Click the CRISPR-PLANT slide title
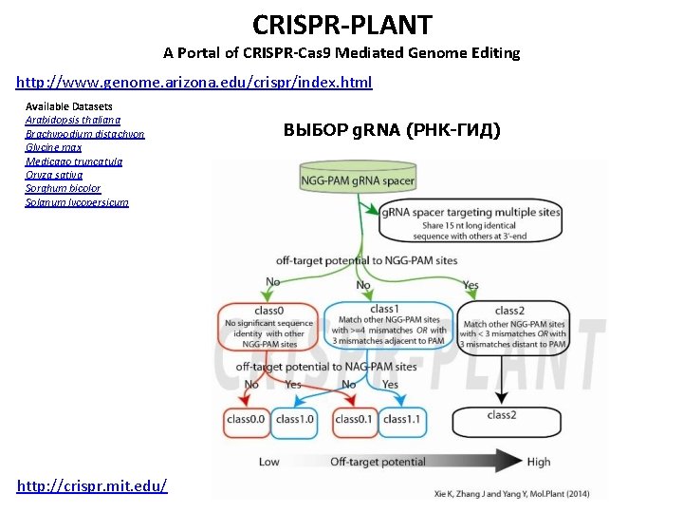point(341,24)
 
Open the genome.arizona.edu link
point(194,82)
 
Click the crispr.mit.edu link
point(92,485)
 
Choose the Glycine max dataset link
point(53,147)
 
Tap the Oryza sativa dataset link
point(54,175)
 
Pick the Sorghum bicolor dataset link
point(63,188)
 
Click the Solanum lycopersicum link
point(77,202)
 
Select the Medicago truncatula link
point(74,161)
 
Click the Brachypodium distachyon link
point(84,134)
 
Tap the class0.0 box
point(246,419)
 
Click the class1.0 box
point(294,419)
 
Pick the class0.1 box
point(353,419)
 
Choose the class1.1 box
point(401,419)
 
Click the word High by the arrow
point(538,462)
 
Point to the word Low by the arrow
point(268,462)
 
